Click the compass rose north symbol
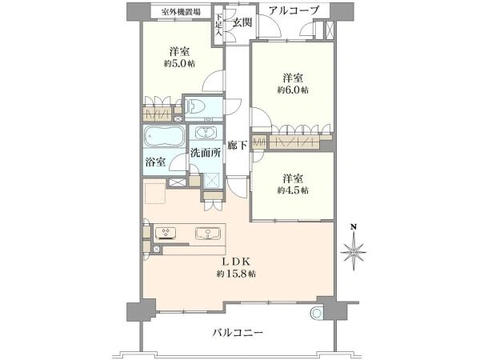pos(354,248)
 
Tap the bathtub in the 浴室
pos(164,136)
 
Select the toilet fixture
pos(198,107)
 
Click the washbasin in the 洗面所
pos(205,133)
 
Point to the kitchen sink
pos(208,234)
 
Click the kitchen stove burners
pos(166,233)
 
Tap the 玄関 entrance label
pos(242,22)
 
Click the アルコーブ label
pos(294,10)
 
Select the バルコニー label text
pos(238,332)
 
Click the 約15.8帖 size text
pos(237,274)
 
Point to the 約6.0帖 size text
pos(293,90)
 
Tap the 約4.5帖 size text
pos(293,190)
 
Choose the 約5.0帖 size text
pos(179,64)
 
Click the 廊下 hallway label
pos(238,146)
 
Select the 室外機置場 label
pos(182,12)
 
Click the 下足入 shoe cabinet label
pos(218,24)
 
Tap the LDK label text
pos(237,262)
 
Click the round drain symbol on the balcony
pos(316,313)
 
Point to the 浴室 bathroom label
pos(155,162)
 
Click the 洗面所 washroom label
pos(206,153)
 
